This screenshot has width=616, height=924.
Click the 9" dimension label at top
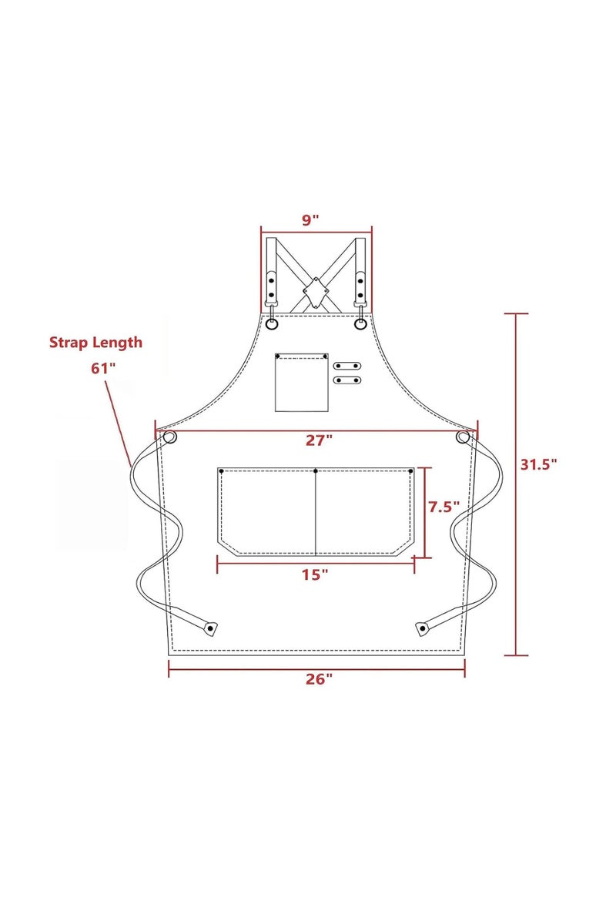coord(310,220)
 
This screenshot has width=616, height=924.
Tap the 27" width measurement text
coord(319,440)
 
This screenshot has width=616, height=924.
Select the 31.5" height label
coord(538,464)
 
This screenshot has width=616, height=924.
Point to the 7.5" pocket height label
coord(444,507)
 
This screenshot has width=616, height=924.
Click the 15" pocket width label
coord(315,574)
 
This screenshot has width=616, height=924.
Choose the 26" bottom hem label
coord(319,679)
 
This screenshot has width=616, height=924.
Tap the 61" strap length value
coord(102,368)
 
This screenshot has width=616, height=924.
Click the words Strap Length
coord(95,342)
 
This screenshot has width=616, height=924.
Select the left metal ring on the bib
coord(272,324)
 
